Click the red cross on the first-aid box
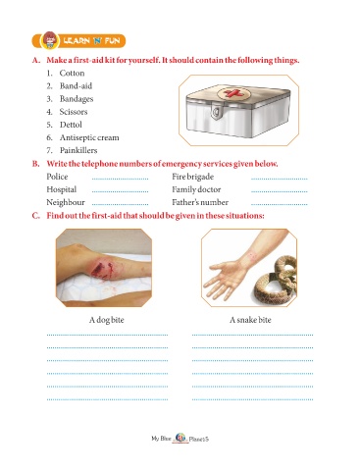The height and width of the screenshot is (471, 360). tap(232, 93)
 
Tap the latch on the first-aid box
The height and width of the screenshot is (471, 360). tap(216, 111)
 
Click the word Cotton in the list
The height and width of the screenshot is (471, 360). tap(72, 73)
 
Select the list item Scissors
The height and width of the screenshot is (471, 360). tap(74, 112)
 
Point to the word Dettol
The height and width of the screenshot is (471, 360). tap(71, 125)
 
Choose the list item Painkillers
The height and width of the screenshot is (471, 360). tap(78, 150)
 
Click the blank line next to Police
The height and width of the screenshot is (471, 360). tap(120, 179)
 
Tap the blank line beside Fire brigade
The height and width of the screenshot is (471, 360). tap(280, 179)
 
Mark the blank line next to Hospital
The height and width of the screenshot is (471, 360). tap(120, 191)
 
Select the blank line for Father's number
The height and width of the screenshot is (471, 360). tap(280, 204)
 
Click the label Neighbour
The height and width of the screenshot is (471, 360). tap(66, 202)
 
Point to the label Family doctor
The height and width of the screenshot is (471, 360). tap(196, 189)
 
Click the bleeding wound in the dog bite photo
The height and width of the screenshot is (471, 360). tap(101, 271)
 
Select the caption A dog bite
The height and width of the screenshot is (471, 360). tap(107, 320)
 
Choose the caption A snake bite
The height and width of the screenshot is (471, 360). tap(250, 320)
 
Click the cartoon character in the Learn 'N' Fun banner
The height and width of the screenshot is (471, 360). tap(50, 40)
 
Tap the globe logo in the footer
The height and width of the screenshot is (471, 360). tap(180, 438)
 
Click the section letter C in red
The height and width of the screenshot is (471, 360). tap(35, 216)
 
